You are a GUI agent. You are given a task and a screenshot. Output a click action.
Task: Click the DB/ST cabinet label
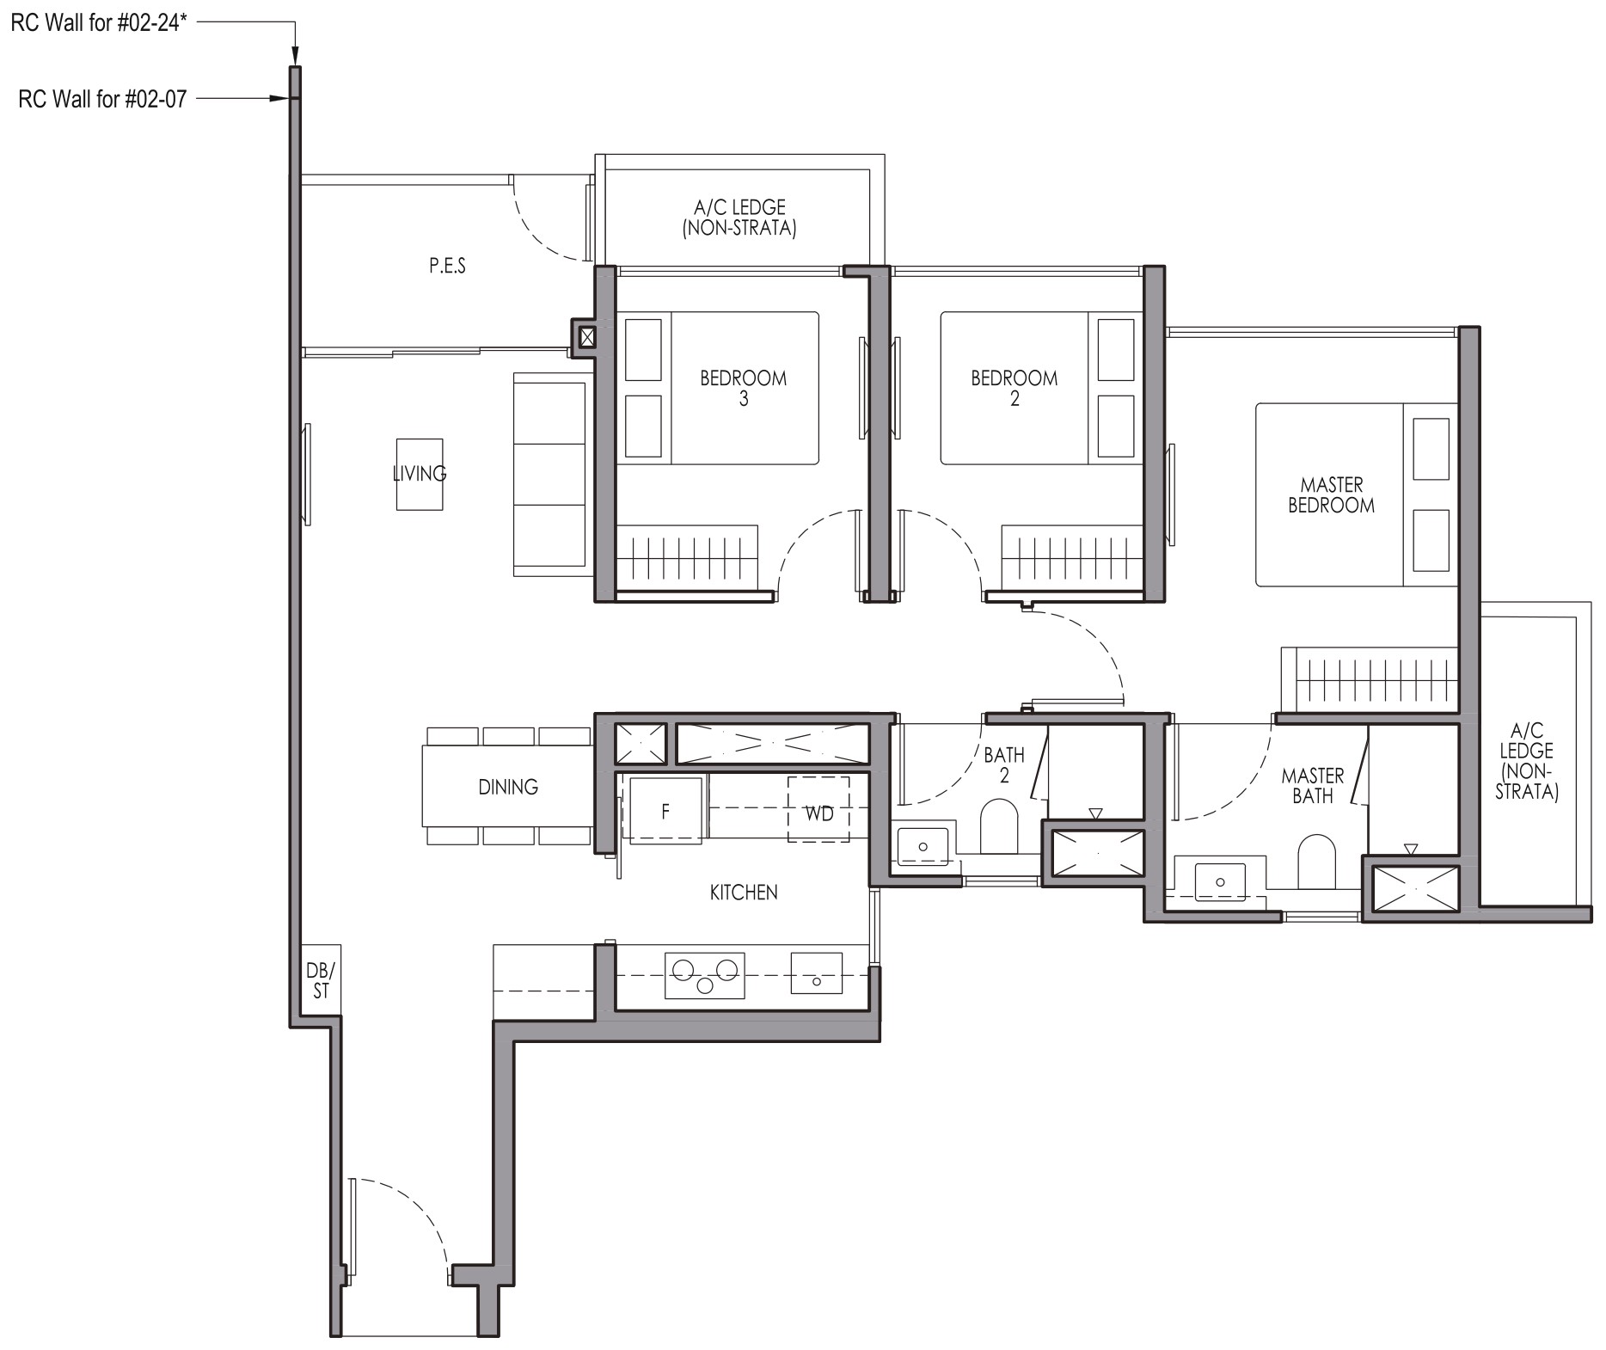click(321, 981)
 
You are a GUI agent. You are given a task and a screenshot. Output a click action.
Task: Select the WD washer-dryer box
click(818, 809)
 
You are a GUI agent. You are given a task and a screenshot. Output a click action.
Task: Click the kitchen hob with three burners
click(705, 975)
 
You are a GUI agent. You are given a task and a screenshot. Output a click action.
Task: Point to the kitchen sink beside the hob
click(817, 974)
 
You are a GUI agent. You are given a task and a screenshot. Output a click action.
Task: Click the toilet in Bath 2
click(998, 826)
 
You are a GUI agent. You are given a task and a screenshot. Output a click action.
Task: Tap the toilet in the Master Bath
click(1316, 861)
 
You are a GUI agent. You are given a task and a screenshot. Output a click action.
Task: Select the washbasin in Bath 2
click(923, 846)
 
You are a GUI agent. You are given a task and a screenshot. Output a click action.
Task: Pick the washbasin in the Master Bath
click(1220, 882)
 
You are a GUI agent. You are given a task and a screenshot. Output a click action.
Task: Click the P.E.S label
click(447, 266)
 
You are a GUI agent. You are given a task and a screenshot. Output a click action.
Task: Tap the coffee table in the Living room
click(420, 474)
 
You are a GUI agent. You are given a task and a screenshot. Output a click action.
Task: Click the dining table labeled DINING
click(507, 786)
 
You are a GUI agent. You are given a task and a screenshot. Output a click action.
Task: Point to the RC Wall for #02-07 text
click(102, 99)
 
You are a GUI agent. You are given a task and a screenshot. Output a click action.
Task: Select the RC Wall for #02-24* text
click(99, 22)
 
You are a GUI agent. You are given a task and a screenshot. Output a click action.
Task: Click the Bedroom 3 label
click(743, 388)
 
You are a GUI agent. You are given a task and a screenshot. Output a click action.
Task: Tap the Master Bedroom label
click(1331, 495)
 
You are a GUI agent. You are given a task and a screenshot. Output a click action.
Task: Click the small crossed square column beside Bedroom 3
click(586, 337)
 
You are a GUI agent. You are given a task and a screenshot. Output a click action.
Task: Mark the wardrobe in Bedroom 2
click(1071, 558)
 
